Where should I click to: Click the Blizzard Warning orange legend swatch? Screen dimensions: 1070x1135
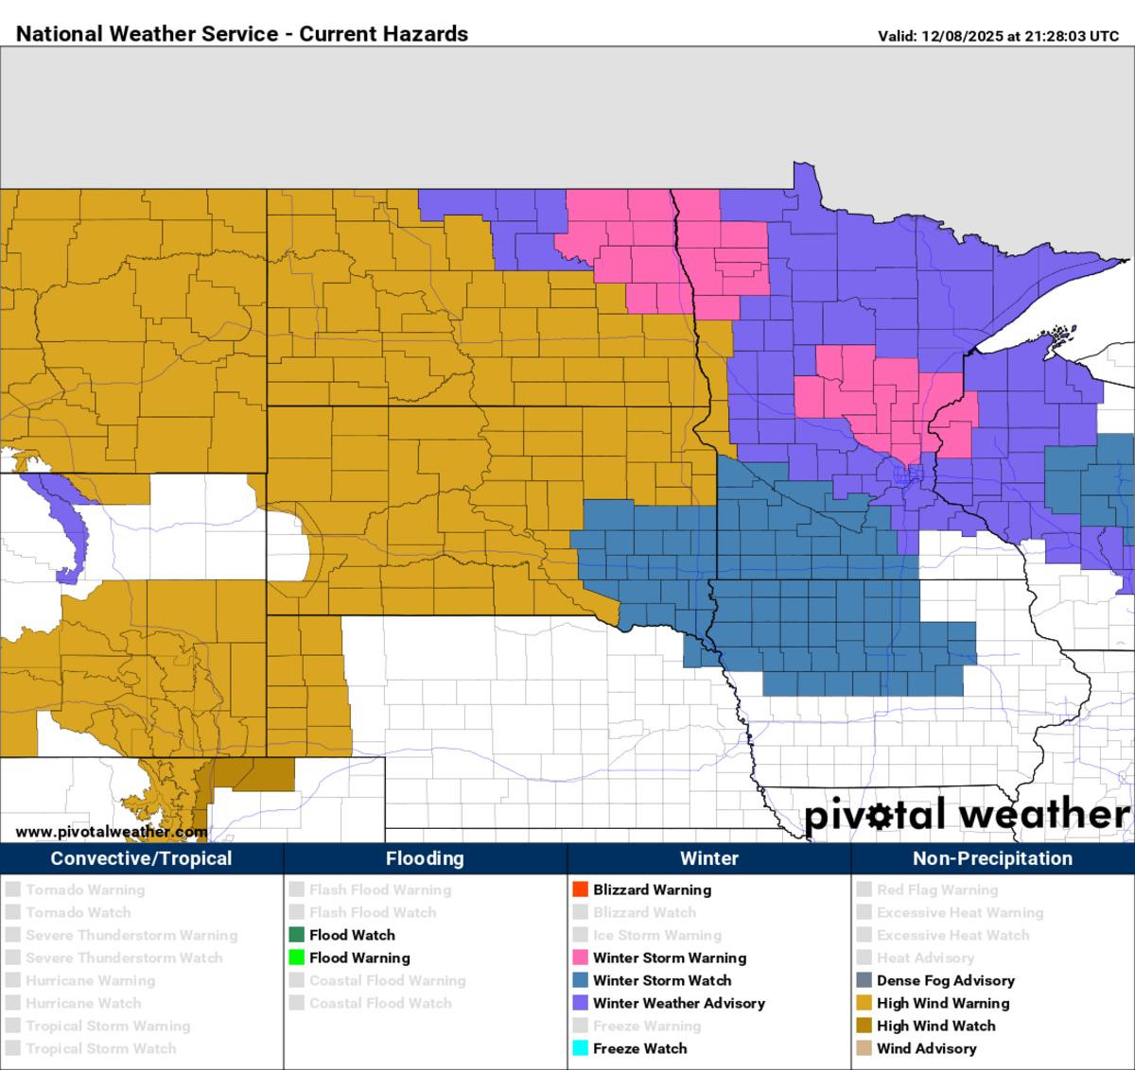pos(581,889)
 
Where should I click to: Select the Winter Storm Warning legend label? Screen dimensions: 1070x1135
pos(670,958)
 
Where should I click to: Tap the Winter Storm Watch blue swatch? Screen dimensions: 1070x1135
pos(581,980)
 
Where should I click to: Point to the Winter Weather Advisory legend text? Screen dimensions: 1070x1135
pos(679,1003)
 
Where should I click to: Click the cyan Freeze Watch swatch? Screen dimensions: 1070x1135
pos(581,1048)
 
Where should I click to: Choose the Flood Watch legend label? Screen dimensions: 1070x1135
pos(352,935)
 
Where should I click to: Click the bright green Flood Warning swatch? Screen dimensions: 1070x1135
pos(297,958)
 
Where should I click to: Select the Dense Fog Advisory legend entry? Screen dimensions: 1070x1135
pos(945,980)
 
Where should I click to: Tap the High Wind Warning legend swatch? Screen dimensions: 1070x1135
pos(864,1003)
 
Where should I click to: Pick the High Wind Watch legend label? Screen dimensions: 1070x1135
pos(935,1026)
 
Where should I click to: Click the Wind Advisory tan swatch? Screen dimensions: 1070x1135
pos(864,1048)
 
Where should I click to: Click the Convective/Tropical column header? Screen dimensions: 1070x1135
pos(141,858)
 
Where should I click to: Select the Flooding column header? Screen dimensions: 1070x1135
pos(425,858)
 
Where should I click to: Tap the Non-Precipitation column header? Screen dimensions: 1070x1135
pos(992,858)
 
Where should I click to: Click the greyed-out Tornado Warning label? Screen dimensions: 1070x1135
pos(85,889)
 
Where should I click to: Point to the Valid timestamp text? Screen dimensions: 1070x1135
pos(998,36)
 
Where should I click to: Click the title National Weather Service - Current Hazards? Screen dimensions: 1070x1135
pos(242,34)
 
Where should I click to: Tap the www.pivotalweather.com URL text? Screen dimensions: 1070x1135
pos(111,832)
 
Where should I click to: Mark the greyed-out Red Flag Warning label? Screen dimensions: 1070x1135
pos(936,889)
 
